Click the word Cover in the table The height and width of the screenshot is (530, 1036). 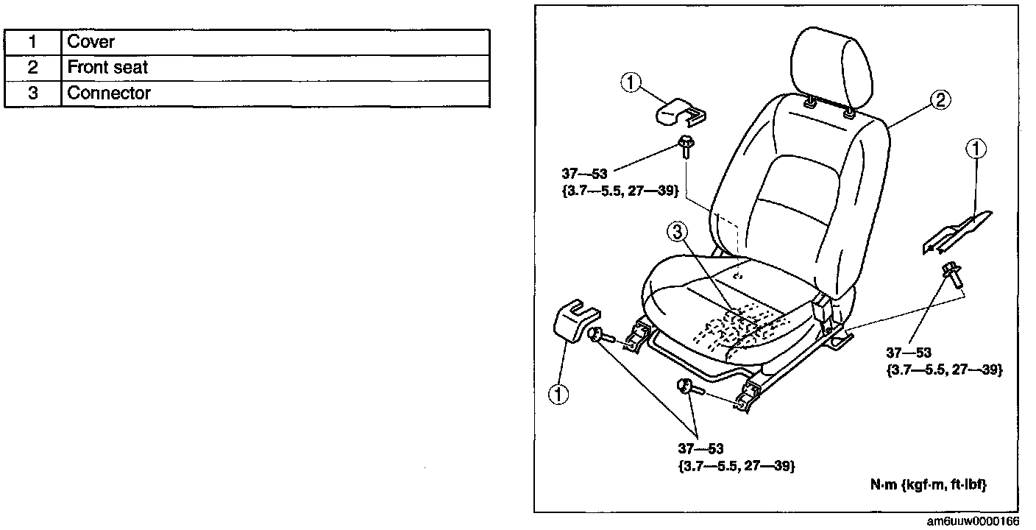click(91, 42)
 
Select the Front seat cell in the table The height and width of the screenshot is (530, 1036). click(107, 68)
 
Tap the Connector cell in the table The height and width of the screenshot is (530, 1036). click(109, 93)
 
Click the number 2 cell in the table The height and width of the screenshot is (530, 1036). click(32, 68)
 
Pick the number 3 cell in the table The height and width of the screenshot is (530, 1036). click(32, 93)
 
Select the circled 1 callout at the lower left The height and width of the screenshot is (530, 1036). click(558, 395)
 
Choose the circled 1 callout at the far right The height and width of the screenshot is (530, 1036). click(976, 150)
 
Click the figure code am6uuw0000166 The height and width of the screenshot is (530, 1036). click(973, 522)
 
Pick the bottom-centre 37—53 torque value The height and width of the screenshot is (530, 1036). click(700, 448)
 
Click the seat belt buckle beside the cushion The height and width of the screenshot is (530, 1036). click(823, 308)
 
